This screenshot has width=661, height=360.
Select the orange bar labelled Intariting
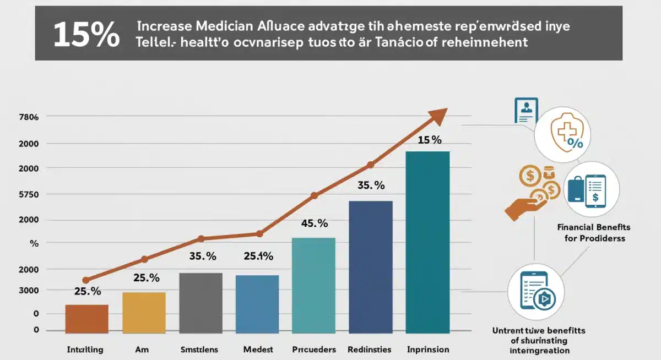tap(86, 319)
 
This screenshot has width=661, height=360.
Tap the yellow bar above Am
tap(144, 312)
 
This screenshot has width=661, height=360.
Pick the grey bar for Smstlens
tap(201, 303)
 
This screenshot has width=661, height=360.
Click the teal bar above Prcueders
tap(313, 285)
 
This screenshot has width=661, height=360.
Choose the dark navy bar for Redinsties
tap(370, 267)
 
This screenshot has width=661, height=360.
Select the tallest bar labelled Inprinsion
tap(427, 242)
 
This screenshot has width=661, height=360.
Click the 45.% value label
tap(314, 223)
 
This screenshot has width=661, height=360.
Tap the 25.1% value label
tap(258, 255)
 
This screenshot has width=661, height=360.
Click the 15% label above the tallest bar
tap(430, 140)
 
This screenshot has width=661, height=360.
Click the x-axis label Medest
tap(258, 349)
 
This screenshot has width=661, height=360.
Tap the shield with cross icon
tap(563, 134)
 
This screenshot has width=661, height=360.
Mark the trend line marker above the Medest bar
tap(259, 233)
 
